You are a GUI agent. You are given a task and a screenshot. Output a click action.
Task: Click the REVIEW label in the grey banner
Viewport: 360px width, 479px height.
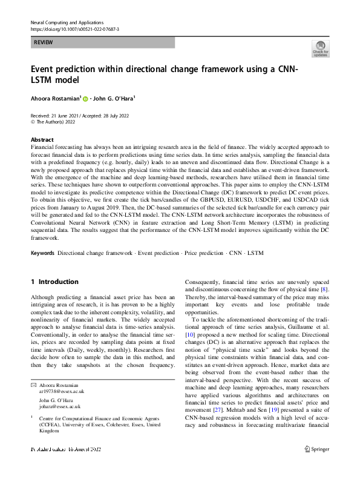tap(43, 42)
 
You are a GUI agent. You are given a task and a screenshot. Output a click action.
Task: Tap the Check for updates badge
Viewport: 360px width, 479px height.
tap(320, 48)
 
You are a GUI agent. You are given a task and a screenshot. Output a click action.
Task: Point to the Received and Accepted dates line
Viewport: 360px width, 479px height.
tap(79, 116)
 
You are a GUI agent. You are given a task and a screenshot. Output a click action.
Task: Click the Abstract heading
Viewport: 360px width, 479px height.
tap(42, 139)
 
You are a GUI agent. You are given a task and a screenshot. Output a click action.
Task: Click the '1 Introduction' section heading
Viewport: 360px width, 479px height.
tap(54, 282)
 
